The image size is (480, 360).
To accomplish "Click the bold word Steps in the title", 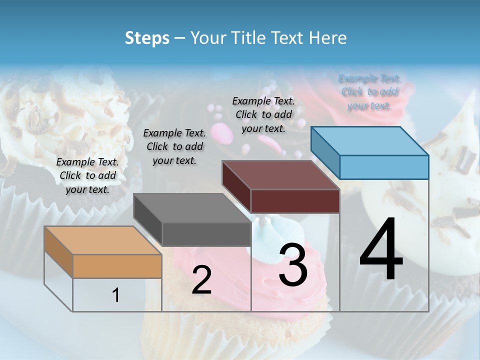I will click(x=147, y=38).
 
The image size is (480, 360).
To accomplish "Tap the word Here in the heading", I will click(x=327, y=38).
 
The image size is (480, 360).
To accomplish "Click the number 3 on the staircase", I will click(x=293, y=265).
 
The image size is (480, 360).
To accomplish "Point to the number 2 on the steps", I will click(x=201, y=280).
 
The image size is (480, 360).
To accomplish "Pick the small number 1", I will click(x=116, y=295).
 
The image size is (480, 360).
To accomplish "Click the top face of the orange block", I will click(x=102, y=240).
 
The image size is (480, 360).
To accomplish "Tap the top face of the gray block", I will click(x=192, y=208).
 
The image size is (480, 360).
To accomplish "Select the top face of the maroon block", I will click(x=280, y=175).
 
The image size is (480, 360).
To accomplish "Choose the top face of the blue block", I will click(x=370, y=141).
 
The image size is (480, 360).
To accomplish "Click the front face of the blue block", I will click(x=384, y=167).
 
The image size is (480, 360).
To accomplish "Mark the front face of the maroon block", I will click(x=295, y=201).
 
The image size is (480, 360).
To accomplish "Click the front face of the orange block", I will click(x=117, y=266).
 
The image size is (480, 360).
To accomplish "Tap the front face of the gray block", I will click(x=206, y=234).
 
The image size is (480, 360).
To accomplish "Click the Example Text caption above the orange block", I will click(x=87, y=175).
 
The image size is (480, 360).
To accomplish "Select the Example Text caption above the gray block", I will click(x=174, y=146).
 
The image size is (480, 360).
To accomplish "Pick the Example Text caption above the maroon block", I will click(x=263, y=114).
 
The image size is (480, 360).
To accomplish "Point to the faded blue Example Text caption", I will click(x=369, y=92).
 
